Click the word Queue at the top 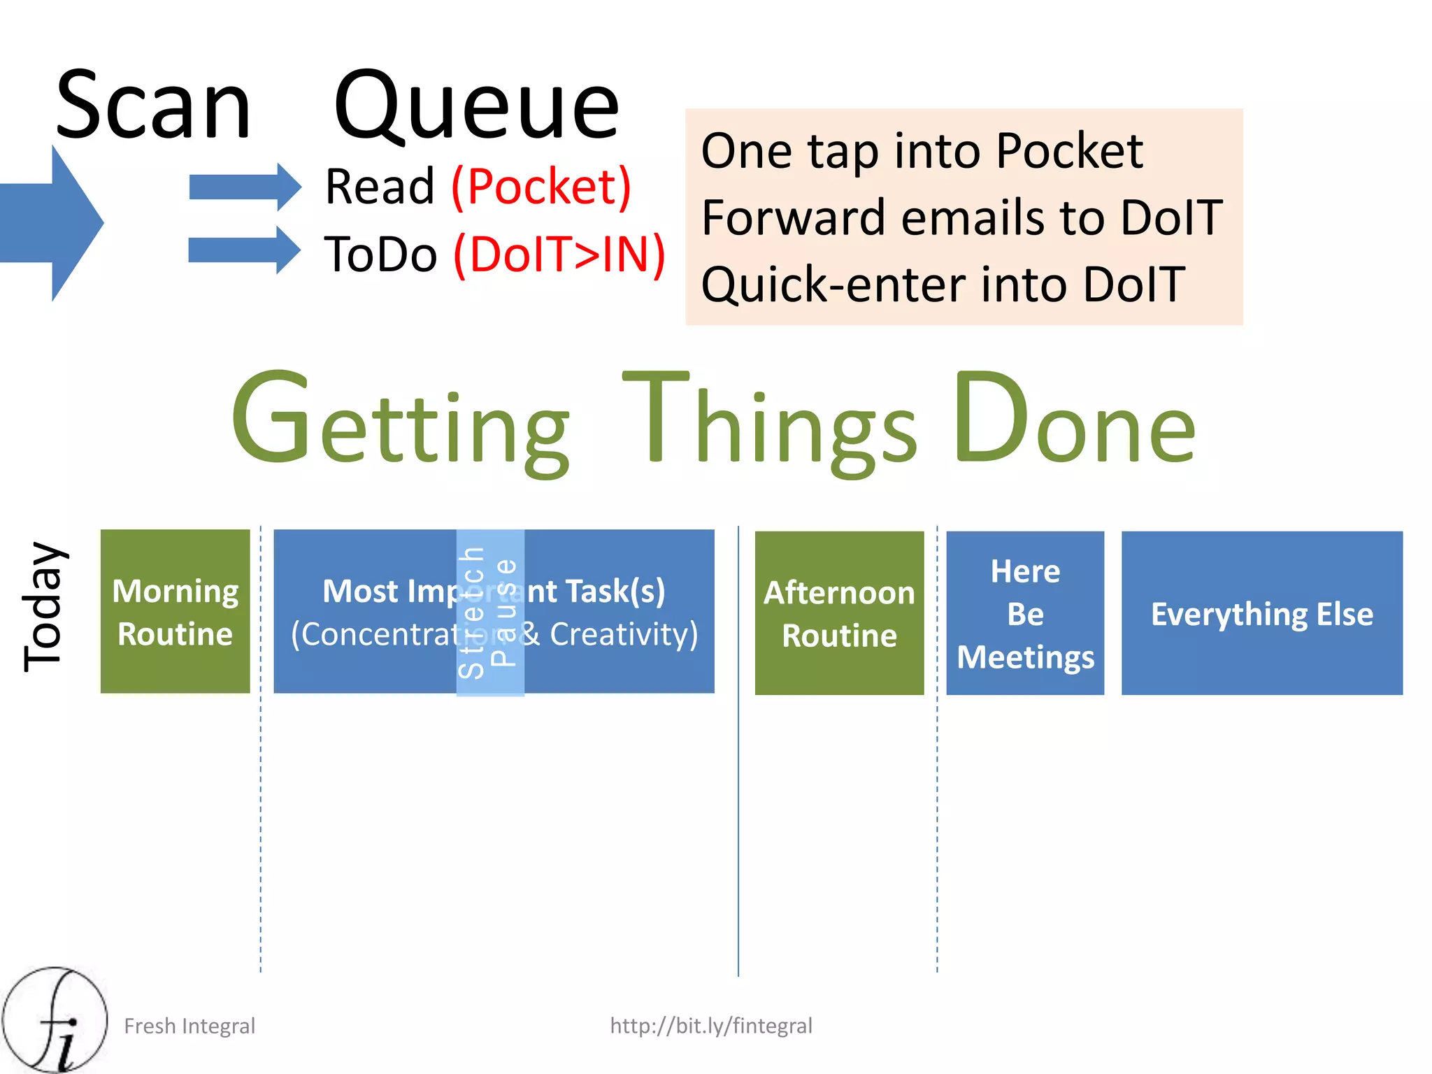coord(476,106)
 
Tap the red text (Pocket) coord(542,187)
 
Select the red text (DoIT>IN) coord(559,254)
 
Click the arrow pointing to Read coord(244,187)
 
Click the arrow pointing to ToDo coord(244,250)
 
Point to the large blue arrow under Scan coord(52,223)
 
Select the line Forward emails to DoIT coord(962,217)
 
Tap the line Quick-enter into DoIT coord(943,285)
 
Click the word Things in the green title coord(769,420)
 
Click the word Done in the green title coord(1074,420)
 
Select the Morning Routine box coord(175,612)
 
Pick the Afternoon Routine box coord(839,613)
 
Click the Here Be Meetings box coord(1025,613)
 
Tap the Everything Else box coord(1261,613)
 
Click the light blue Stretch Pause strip coord(490,613)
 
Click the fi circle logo coord(55,1019)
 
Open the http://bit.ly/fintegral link coord(710,1026)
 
